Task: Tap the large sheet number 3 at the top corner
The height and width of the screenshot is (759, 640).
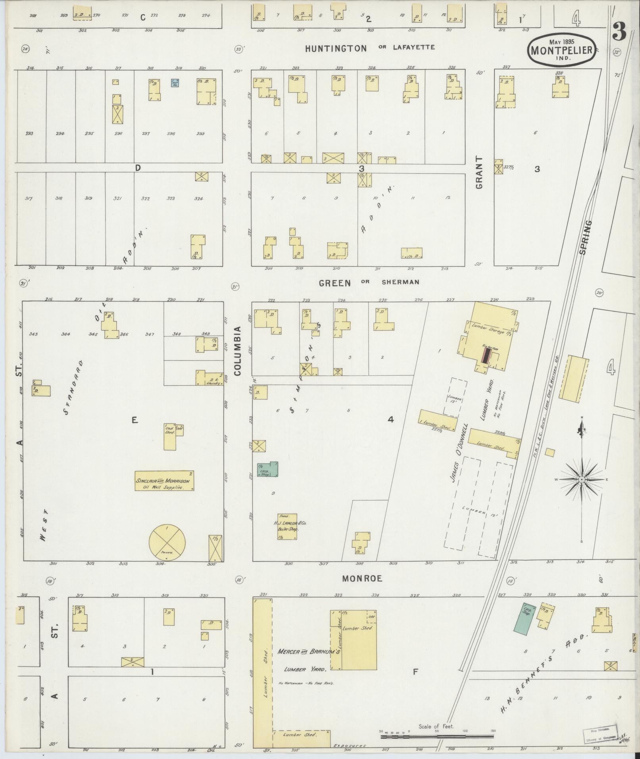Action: [619, 32]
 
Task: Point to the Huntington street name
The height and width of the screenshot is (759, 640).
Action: [336, 48]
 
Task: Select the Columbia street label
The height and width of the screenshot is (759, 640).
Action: [238, 351]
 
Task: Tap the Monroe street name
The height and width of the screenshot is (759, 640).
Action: [362, 578]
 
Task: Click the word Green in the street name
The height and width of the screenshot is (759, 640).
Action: [335, 283]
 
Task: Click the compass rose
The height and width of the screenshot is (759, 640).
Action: [581, 479]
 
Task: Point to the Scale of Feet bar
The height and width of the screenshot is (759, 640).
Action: [436, 736]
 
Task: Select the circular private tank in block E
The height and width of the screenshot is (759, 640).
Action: [167, 542]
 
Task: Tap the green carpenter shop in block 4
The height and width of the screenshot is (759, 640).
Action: [268, 469]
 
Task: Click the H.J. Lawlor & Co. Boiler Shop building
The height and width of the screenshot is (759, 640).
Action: [287, 526]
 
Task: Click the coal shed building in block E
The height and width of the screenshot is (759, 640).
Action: [169, 436]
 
